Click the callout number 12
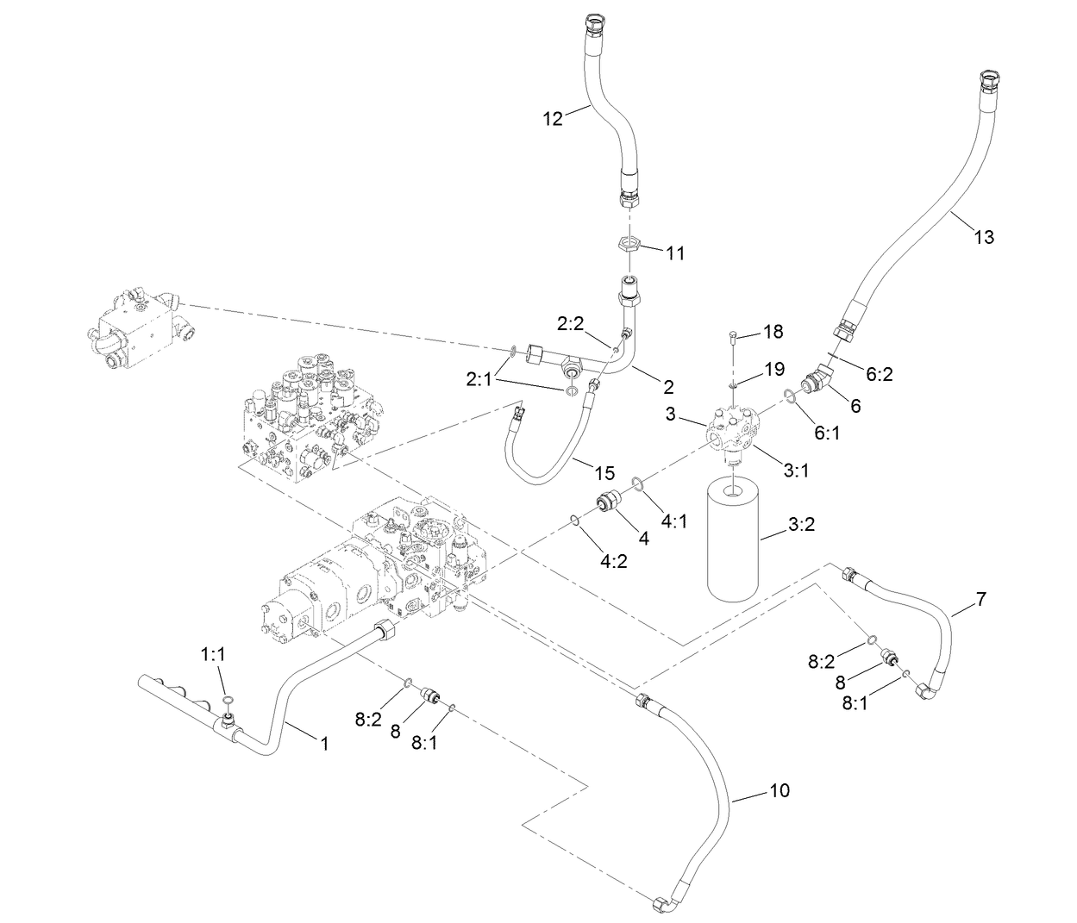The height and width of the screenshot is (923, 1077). (552, 120)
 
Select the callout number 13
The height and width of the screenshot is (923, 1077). (983, 237)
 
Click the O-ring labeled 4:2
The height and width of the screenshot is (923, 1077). (573, 520)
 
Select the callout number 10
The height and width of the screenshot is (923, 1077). (779, 790)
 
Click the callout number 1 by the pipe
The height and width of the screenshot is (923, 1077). (324, 744)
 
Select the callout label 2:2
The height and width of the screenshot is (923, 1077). (570, 324)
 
